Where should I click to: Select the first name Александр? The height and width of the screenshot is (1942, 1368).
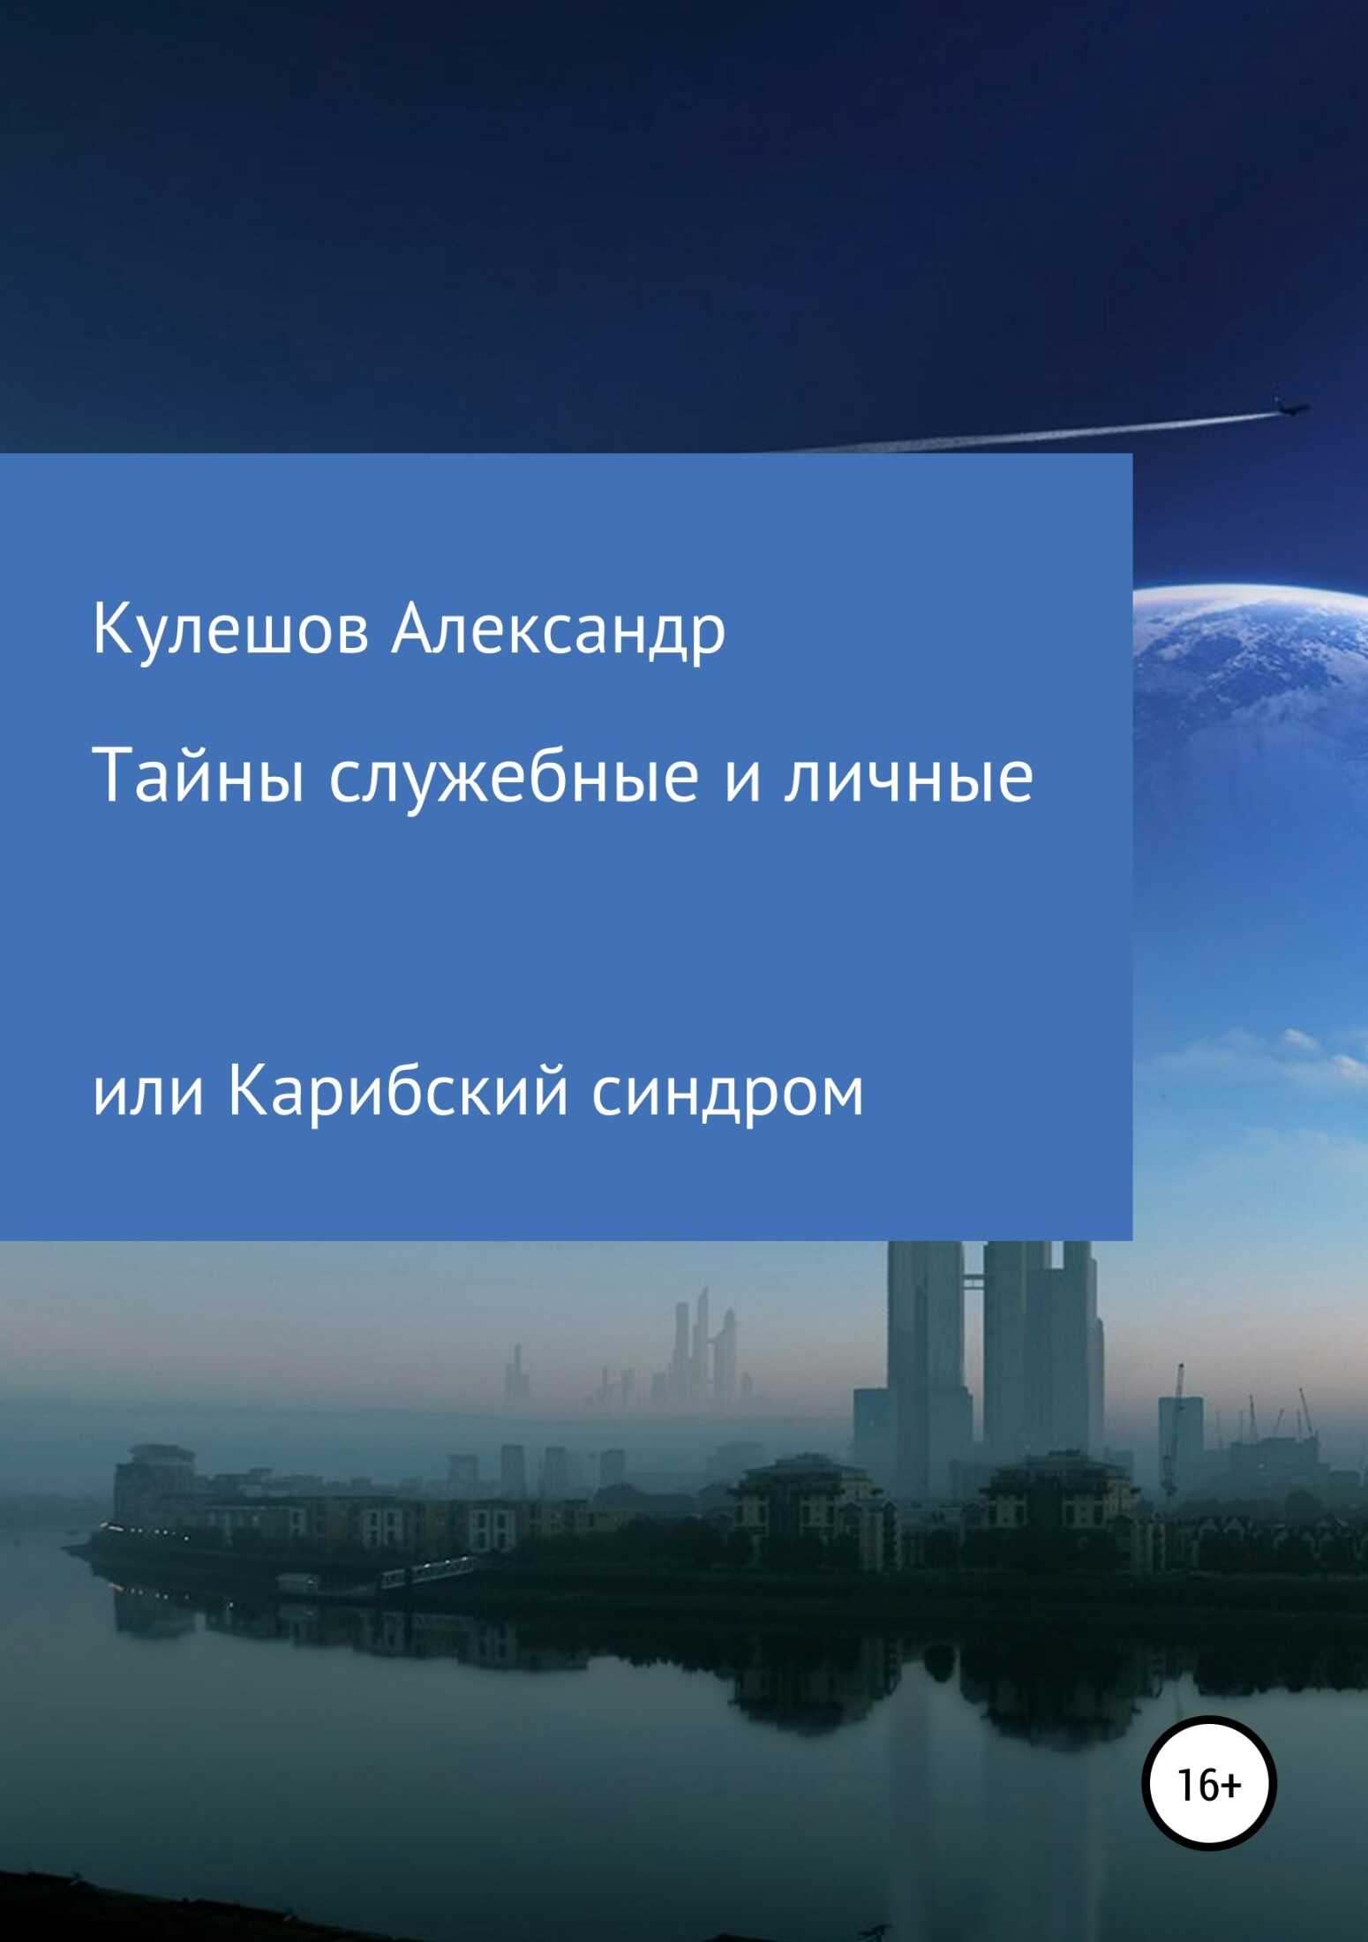(558, 632)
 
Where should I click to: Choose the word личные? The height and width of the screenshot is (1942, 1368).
(909, 779)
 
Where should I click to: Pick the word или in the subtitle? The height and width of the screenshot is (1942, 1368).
(148, 1093)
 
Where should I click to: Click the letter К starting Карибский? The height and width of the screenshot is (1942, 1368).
(244, 1091)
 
